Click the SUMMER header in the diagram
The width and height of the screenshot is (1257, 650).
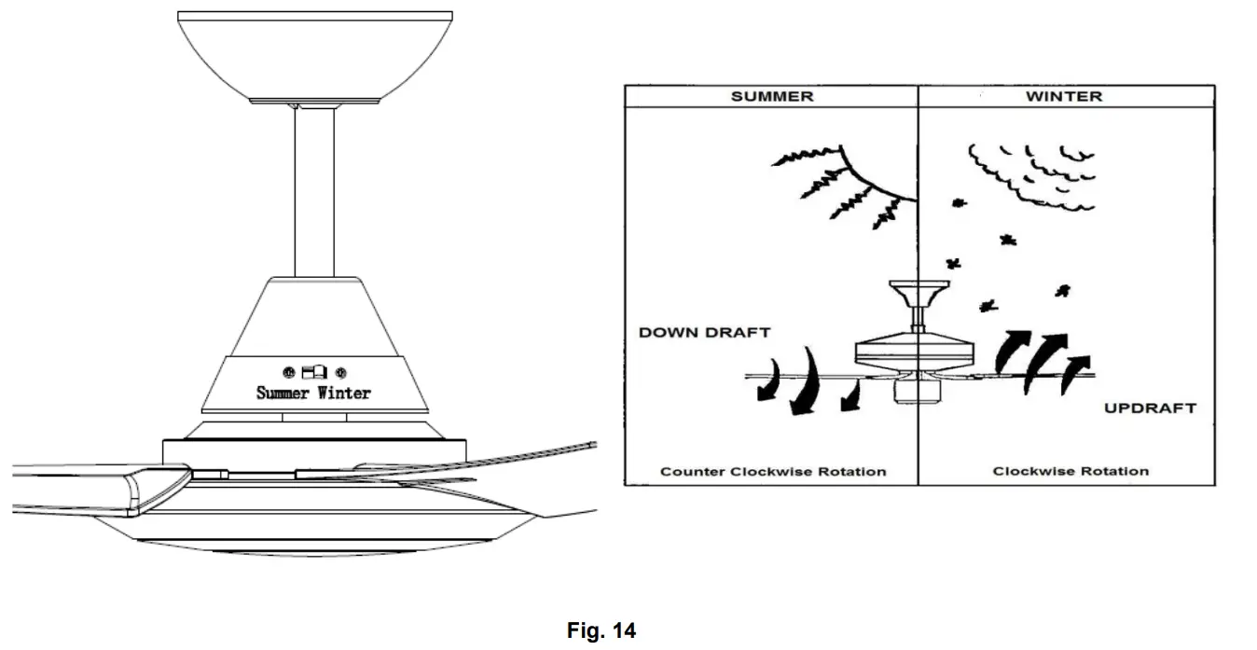[x=771, y=96]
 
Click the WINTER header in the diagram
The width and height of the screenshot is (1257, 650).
[x=1063, y=96]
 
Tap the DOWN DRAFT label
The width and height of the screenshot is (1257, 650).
[x=705, y=332]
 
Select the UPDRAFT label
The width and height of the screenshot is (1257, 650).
[x=1150, y=408]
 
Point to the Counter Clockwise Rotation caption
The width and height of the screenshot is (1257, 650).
[x=773, y=471]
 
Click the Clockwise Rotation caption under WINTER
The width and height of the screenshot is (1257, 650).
[x=1070, y=471]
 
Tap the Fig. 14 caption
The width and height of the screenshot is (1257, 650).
[x=601, y=631]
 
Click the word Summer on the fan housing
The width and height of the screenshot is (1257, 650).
[x=283, y=393]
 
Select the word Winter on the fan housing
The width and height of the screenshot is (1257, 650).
[x=344, y=393]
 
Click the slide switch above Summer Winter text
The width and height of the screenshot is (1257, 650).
[x=314, y=371]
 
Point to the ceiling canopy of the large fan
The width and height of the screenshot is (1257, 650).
[x=314, y=56]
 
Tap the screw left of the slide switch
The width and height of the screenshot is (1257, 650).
[x=288, y=371]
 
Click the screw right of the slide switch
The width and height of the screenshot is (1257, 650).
[x=341, y=371]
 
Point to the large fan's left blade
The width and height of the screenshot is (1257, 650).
[x=75, y=487]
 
